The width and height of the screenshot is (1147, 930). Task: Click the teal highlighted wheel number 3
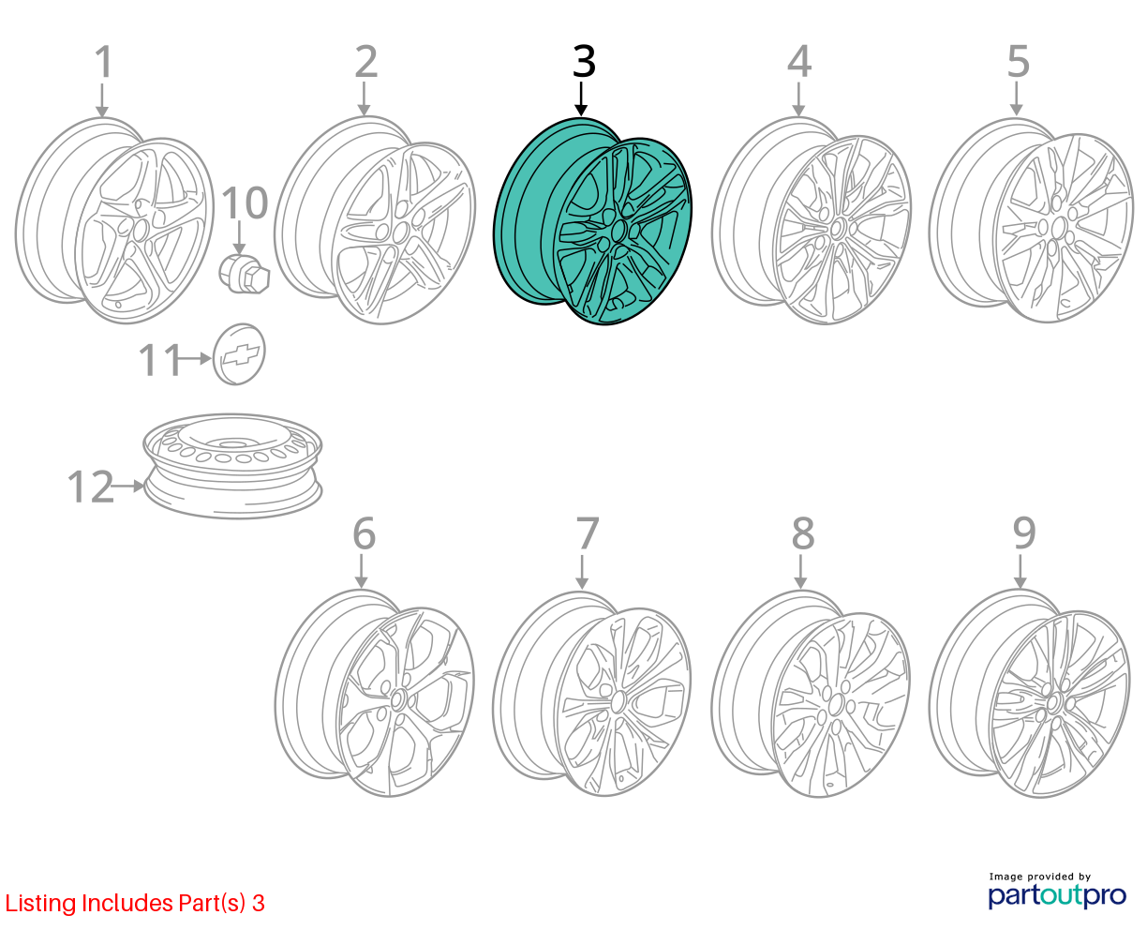point(592,221)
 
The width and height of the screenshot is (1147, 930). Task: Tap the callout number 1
point(104,62)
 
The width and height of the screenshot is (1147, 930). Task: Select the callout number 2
point(366,62)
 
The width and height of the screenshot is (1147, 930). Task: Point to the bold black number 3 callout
point(584,62)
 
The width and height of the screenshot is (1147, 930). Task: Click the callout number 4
point(799,62)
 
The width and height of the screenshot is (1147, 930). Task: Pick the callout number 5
point(1019,62)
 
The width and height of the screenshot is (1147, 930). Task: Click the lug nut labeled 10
point(244,273)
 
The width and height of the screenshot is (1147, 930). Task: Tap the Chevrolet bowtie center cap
point(239,354)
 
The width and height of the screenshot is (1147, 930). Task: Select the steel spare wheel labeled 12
point(232,466)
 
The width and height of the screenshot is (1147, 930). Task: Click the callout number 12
point(91,486)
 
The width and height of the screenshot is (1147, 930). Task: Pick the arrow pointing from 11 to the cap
point(194,358)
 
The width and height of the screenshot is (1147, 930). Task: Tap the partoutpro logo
point(1057,895)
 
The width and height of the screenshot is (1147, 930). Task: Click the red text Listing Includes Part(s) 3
point(135,903)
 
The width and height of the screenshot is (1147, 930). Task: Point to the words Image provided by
point(1040,877)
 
